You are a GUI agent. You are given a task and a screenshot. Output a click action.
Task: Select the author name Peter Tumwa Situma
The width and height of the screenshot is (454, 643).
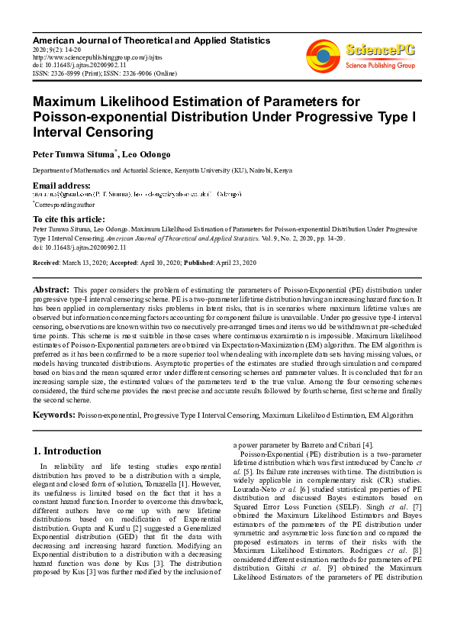pos(73,154)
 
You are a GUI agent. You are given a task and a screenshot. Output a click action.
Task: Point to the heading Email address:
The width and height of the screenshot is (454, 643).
pos(61,186)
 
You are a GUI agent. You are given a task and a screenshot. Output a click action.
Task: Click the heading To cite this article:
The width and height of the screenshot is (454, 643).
pos(69,219)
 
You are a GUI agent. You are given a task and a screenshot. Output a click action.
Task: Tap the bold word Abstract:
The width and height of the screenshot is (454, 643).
pos(51,291)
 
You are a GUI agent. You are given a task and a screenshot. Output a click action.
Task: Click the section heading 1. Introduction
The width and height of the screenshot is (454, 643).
pos(68,451)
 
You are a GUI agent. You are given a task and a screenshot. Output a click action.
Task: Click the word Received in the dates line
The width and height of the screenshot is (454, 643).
pos(47,263)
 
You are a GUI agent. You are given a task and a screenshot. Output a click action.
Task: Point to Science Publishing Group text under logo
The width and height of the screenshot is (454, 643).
pos(380,66)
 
